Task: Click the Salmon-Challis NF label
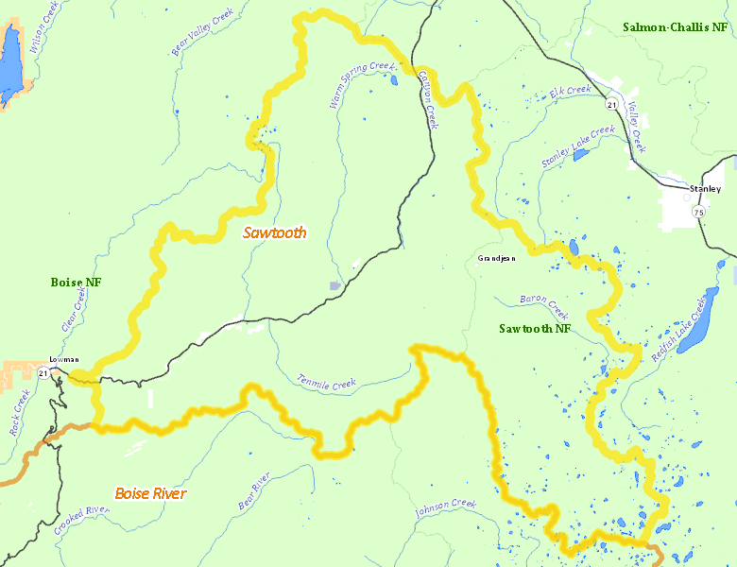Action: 675,26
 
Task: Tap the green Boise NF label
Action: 76,283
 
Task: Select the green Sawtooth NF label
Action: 535,329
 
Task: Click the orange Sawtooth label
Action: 274,232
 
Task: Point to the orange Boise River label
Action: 150,493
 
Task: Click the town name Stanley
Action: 705,189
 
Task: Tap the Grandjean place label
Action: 497,258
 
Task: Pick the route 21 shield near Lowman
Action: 43,374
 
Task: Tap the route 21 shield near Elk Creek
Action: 612,104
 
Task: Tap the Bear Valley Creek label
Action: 201,32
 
